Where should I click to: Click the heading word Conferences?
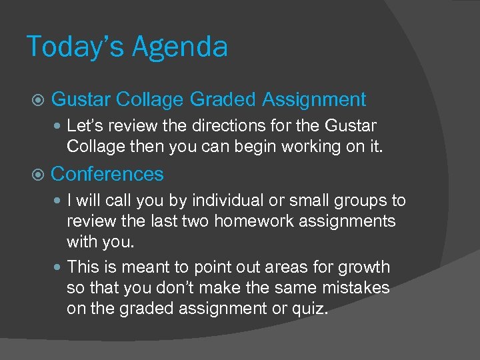pos(107,174)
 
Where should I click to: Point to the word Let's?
pos(84,125)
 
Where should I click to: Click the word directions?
pos(217,125)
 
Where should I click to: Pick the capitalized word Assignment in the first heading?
pos(314,100)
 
